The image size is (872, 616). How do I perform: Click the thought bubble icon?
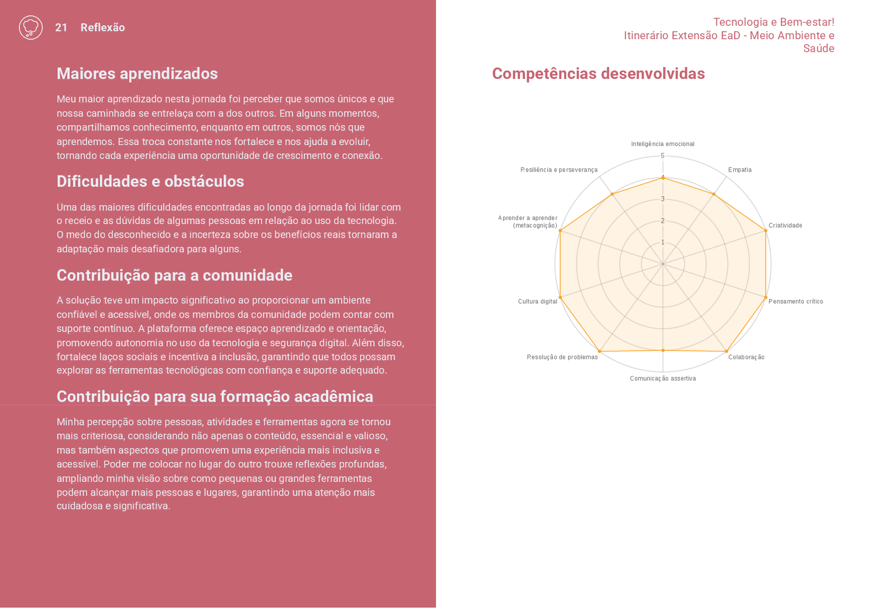pyautogui.click(x=31, y=27)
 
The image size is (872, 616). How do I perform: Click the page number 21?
pyautogui.click(x=61, y=28)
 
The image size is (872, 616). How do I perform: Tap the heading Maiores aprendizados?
pyautogui.click(x=137, y=74)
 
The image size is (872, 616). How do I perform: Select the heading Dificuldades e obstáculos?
pyautogui.click(x=150, y=181)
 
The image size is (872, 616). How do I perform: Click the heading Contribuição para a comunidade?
pyautogui.click(x=174, y=275)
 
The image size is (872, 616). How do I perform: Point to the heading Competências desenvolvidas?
pyautogui.click(x=598, y=74)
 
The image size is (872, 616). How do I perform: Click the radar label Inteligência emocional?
pyautogui.click(x=663, y=144)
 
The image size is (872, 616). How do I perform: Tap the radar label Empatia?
pyautogui.click(x=740, y=170)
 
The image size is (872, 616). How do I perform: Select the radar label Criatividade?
pyautogui.click(x=785, y=225)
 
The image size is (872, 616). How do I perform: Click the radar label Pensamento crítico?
pyautogui.click(x=796, y=301)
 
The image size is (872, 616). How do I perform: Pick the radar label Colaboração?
pyautogui.click(x=746, y=357)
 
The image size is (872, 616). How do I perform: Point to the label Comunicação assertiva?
pyautogui.click(x=663, y=379)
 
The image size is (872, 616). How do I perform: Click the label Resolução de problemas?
pyautogui.click(x=562, y=357)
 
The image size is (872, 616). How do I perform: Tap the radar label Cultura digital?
pyautogui.click(x=537, y=301)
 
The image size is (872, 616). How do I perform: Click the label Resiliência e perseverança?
pyautogui.click(x=559, y=170)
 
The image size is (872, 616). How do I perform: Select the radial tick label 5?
pyautogui.click(x=663, y=156)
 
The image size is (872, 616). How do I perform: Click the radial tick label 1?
pyautogui.click(x=663, y=242)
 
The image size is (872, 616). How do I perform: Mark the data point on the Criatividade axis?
pyautogui.click(x=766, y=230)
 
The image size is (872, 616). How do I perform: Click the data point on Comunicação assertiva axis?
pyautogui.click(x=663, y=350)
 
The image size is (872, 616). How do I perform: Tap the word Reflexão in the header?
pyautogui.click(x=102, y=28)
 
